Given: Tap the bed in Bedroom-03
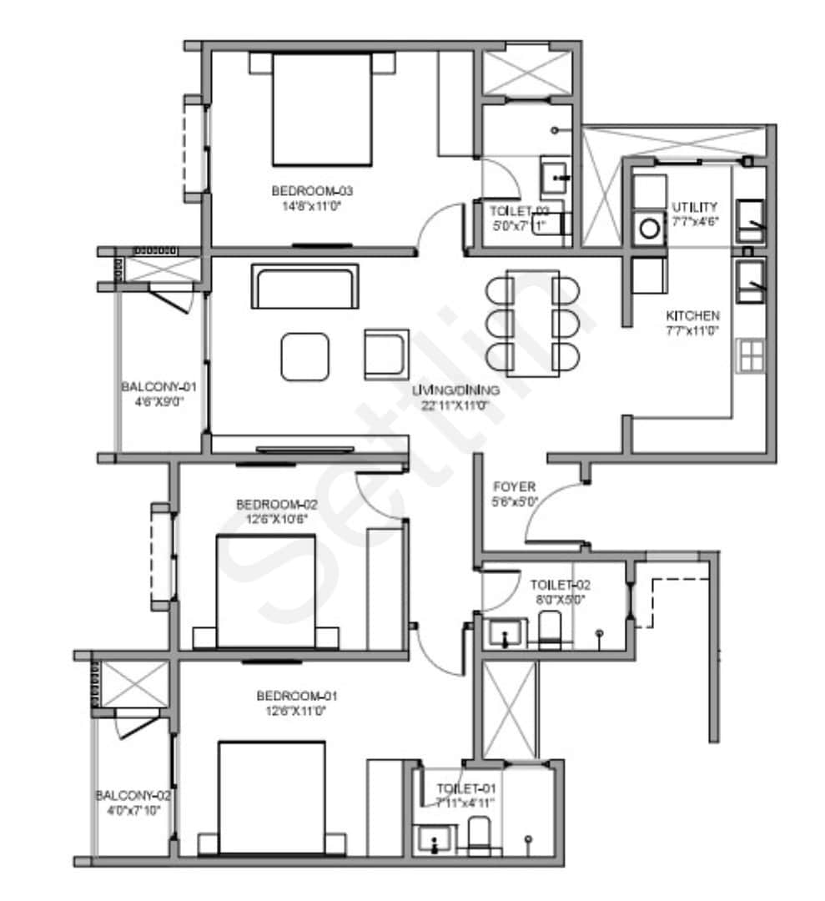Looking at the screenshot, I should pos(321,108).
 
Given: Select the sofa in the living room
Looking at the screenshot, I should pos(305,286).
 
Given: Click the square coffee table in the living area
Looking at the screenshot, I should pos(305,356).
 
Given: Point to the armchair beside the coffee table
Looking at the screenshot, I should pos(386,354).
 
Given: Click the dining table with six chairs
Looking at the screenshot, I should pos(533,323).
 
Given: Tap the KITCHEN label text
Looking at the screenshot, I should pos(692,316).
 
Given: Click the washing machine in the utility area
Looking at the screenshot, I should pos(648,228).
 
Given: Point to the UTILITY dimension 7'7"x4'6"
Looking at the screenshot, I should pos(695,221).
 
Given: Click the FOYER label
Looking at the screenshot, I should pos(515,486).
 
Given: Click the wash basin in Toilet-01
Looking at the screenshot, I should pos(435,839).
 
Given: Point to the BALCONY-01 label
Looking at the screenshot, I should pos(158,387).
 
